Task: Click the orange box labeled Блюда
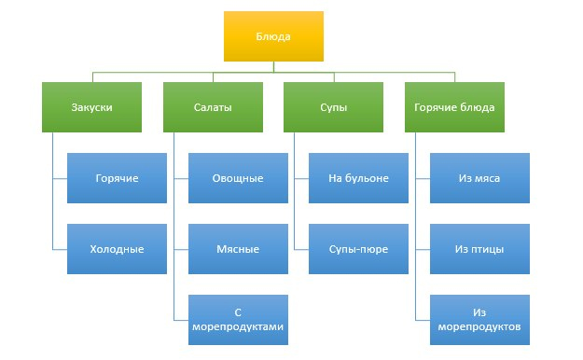tap(273, 36)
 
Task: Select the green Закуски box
tap(91, 106)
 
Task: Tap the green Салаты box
tap(212, 106)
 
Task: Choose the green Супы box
tap(333, 106)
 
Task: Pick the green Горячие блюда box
tap(454, 106)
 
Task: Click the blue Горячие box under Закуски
tap(117, 177)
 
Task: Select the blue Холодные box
tap(117, 248)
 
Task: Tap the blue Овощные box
tap(238, 177)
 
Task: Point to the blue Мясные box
tap(238, 248)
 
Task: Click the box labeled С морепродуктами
tap(238, 320)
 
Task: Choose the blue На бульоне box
tap(358, 177)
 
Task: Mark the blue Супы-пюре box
tap(358, 248)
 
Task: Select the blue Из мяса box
tap(479, 177)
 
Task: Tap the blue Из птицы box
tap(479, 248)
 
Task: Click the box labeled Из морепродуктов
tap(479, 320)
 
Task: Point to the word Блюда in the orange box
tap(273, 36)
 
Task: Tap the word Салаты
tap(212, 106)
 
